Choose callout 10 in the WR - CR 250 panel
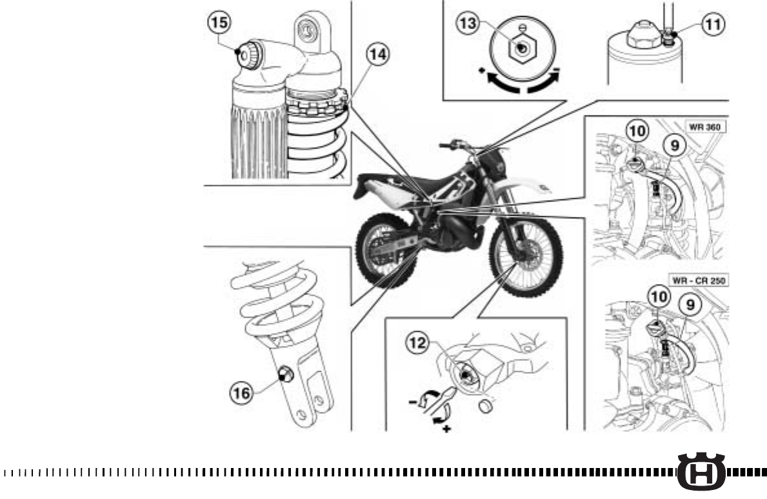click(658, 297)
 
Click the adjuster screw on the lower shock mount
click(284, 374)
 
